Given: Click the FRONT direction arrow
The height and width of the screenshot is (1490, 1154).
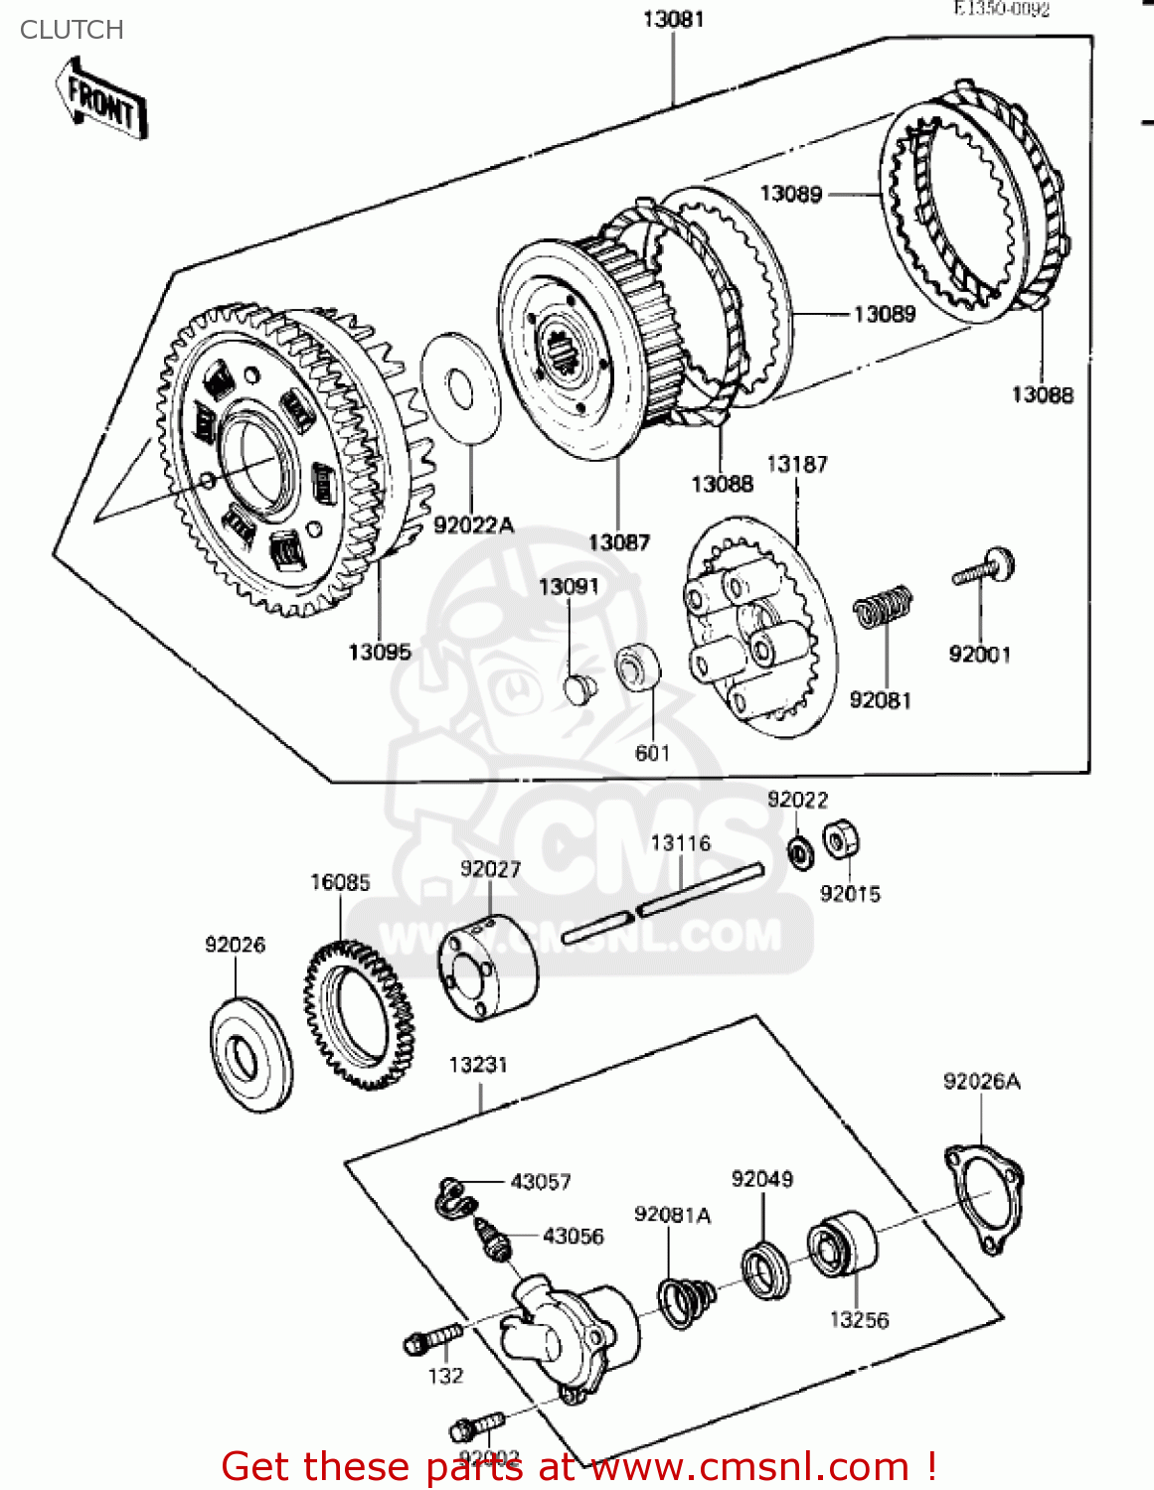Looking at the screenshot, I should click(x=101, y=99).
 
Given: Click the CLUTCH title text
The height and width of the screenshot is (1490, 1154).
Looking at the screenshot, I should click(x=72, y=30).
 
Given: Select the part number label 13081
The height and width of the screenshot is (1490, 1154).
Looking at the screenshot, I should click(x=673, y=19).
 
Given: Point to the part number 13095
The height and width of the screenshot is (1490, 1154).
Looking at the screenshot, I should click(x=379, y=652).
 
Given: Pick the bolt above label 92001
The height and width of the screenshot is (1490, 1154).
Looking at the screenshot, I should click(x=985, y=569).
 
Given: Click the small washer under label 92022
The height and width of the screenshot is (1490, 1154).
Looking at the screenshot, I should click(x=799, y=851).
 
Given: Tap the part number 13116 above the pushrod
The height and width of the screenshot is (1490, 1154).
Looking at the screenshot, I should click(x=680, y=843).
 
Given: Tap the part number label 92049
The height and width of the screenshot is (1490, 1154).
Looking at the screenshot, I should click(x=761, y=1179).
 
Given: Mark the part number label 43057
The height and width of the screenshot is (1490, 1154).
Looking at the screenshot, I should click(x=540, y=1181).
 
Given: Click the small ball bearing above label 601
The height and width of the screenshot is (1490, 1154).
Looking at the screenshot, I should click(x=637, y=667).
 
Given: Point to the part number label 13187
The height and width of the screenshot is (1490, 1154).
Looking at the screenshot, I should click(x=796, y=464).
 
